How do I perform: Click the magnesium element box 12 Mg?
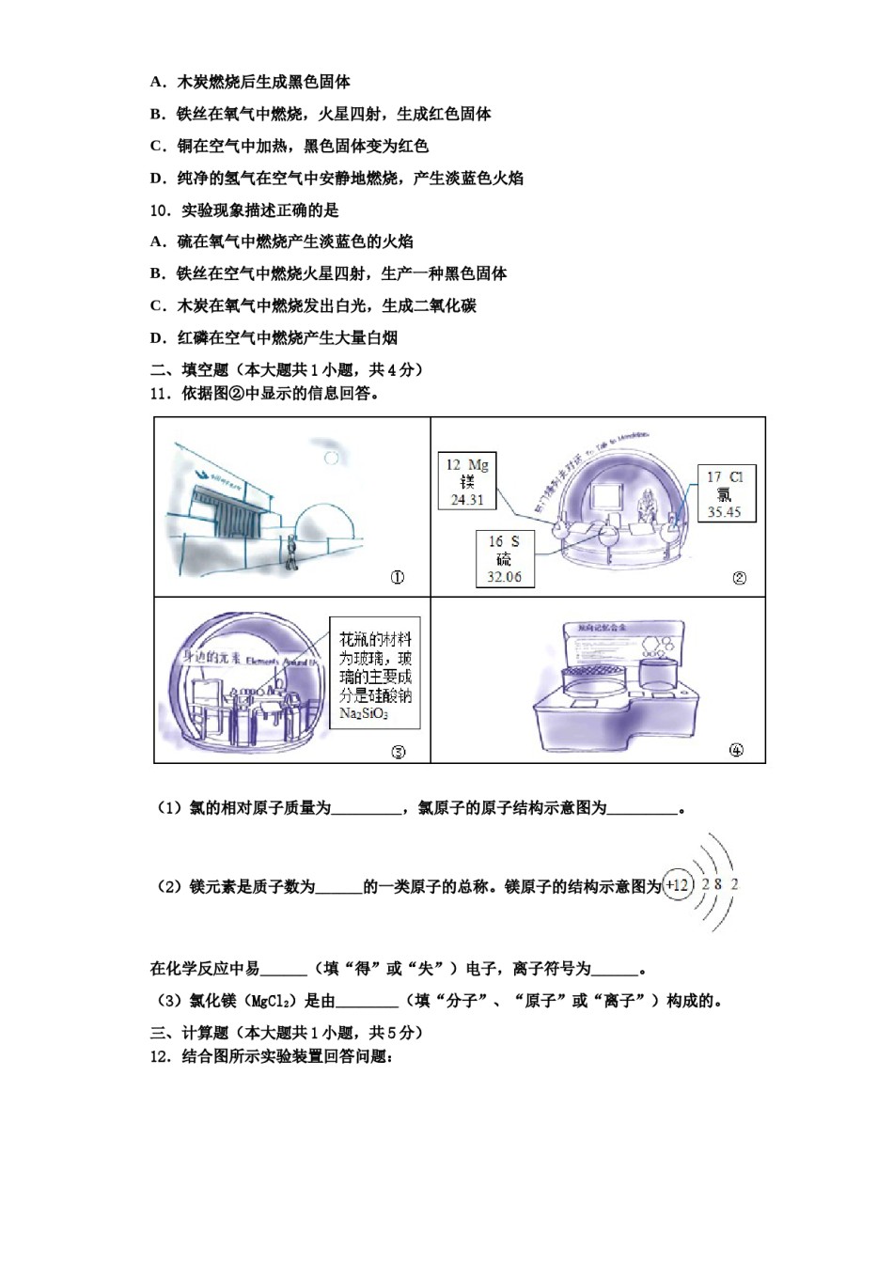point(467,481)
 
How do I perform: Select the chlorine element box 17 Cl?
point(725,493)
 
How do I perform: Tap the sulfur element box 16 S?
point(504,558)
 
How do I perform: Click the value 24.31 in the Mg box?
point(467,500)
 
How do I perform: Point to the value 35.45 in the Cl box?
point(725,512)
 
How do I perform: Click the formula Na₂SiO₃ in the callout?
point(364,714)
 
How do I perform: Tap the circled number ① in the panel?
point(398,578)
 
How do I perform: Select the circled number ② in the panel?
point(739,578)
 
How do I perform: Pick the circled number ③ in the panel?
point(398,751)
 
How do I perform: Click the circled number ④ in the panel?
point(736,750)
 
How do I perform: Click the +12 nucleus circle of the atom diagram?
point(677,885)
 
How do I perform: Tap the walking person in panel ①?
point(292,554)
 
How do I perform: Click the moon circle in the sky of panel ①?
point(332,458)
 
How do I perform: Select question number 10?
point(160,210)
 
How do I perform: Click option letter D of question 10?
point(157,338)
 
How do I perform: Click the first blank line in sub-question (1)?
point(367,809)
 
